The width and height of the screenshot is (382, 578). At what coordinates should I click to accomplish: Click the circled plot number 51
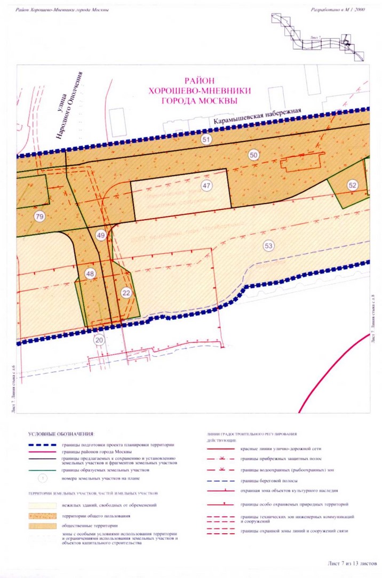coord(206,139)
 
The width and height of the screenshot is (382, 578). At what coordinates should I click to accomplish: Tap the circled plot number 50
coord(254,155)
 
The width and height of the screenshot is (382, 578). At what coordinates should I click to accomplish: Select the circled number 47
coord(206,186)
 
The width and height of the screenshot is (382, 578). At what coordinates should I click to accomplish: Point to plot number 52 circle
coord(352,185)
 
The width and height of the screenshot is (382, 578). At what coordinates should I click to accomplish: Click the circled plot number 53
coord(268,246)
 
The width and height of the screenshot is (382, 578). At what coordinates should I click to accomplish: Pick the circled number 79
coord(38,216)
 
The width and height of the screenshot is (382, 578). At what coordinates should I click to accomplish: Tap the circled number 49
coord(101,235)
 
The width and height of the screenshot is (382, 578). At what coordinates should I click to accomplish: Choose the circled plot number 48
coord(90,274)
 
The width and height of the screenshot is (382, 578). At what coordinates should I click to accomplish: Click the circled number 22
coord(126,292)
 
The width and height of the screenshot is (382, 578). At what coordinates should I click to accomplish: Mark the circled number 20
coord(98,340)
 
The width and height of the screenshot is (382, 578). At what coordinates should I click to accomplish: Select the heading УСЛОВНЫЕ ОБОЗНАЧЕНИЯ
coord(61,433)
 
